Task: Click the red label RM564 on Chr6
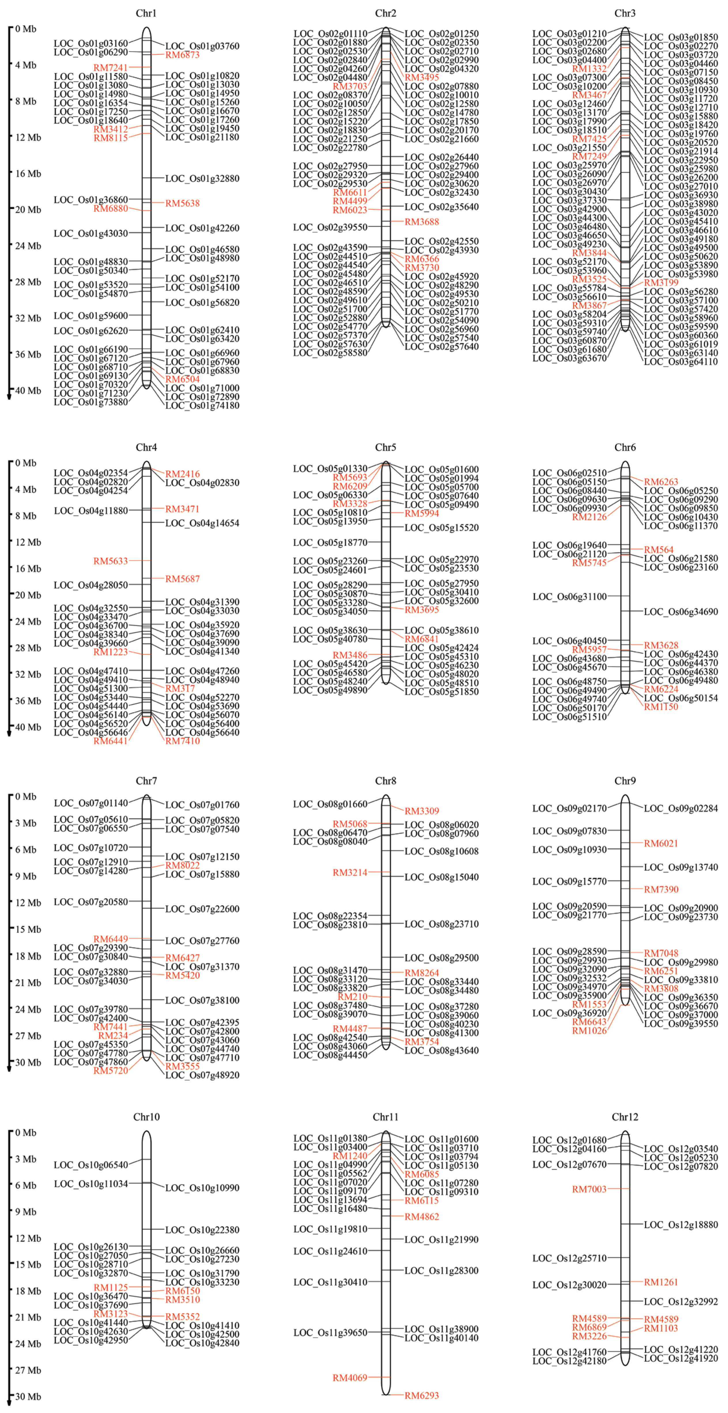coord(658,550)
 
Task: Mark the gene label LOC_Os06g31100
coord(570,597)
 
